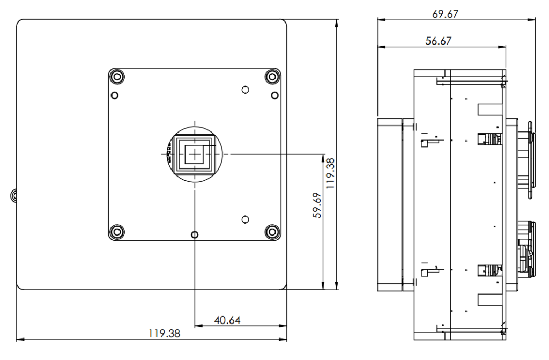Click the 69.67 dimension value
click(x=446, y=14)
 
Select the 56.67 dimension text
click(x=438, y=41)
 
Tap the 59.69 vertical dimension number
click(x=317, y=205)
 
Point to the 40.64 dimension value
click(x=227, y=320)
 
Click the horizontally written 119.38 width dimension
click(x=164, y=333)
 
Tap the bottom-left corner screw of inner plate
click(x=116, y=232)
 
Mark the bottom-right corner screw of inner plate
click(x=273, y=232)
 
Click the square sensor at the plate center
click(x=195, y=154)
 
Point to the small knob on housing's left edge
click(x=13, y=195)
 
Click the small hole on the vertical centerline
click(x=195, y=234)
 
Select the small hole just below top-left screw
click(x=114, y=95)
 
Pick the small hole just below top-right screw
click(x=274, y=95)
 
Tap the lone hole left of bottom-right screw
click(x=244, y=219)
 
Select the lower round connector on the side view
click(x=525, y=249)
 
